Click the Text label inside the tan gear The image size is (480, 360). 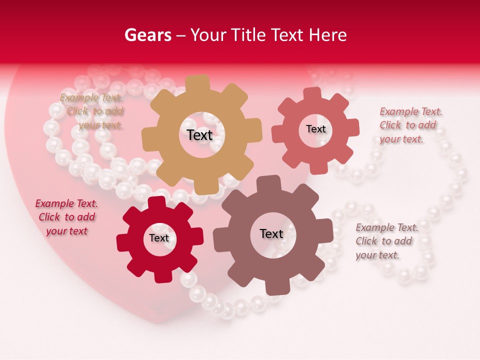pyautogui.click(x=199, y=135)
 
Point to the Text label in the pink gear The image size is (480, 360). pyautogui.click(x=315, y=129)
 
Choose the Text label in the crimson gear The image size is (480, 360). pyautogui.click(x=159, y=238)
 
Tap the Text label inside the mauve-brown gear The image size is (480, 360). pyautogui.click(x=271, y=233)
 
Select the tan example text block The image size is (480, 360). pyautogui.click(x=91, y=111)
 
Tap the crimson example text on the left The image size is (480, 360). pyautogui.click(x=66, y=217)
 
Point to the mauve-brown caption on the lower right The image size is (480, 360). pyautogui.click(x=386, y=241)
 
